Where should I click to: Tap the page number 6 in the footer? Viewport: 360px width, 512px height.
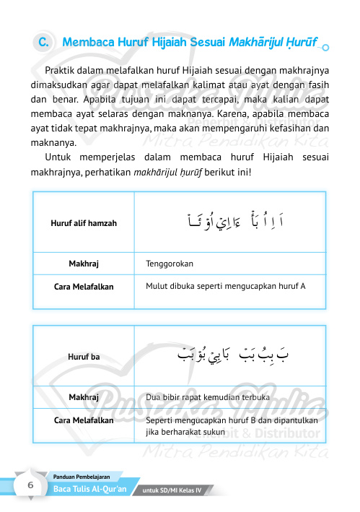tap(30, 485)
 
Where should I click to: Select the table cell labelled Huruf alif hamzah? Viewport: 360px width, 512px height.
tap(84, 222)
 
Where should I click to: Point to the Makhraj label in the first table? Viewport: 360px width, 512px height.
tap(84, 264)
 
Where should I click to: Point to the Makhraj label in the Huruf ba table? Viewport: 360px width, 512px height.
tap(84, 397)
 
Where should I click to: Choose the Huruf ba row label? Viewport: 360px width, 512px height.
tap(84, 356)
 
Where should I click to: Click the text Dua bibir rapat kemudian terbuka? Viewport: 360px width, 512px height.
tap(208, 397)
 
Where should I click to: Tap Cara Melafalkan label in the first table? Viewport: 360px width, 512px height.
tap(84, 286)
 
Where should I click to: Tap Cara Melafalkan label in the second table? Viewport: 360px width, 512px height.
tap(84, 420)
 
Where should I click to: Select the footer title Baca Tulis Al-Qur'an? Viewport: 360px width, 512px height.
tap(90, 490)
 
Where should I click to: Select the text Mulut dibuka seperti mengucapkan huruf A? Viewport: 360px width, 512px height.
tap(225, 286)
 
